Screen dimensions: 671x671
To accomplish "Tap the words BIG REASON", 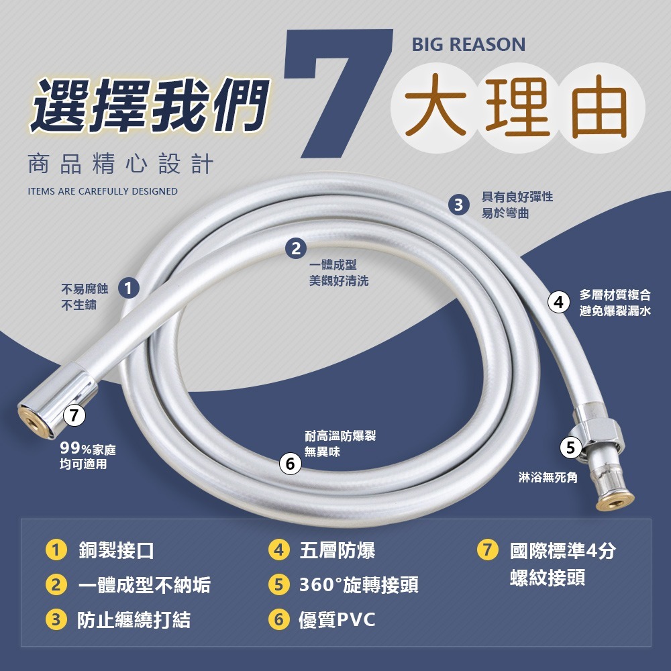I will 468,45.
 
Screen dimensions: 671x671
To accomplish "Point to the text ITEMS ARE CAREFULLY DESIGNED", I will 103,191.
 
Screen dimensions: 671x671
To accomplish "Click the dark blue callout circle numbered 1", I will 128,289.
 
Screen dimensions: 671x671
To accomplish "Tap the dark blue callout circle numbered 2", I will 295,248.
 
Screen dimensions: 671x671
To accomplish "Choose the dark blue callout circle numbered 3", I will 458,205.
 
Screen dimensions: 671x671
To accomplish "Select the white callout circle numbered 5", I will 570,448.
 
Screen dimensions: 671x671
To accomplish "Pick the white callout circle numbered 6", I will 290,464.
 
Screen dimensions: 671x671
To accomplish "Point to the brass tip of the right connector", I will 617,499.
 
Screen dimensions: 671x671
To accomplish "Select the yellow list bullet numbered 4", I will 278,551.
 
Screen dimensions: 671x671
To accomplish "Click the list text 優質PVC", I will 337,619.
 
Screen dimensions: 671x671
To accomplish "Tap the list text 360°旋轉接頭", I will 358,585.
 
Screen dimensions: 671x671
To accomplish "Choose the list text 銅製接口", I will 116,551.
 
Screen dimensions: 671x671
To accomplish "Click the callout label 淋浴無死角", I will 548,478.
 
